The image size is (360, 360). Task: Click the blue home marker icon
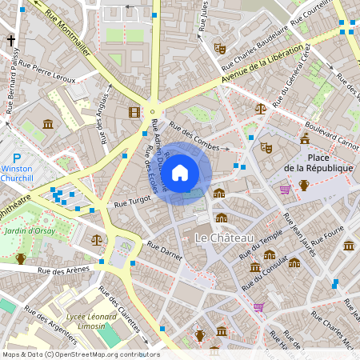click(180, 173)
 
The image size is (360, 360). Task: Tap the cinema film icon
click(134, 111)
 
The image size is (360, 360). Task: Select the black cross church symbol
click(11, 39)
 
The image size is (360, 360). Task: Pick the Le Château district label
click(224, 238)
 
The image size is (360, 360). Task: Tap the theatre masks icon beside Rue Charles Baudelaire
click(219, 48)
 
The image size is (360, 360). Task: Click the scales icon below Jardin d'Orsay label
click(97, 239)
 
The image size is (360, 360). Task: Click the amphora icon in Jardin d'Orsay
click(21, 258)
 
